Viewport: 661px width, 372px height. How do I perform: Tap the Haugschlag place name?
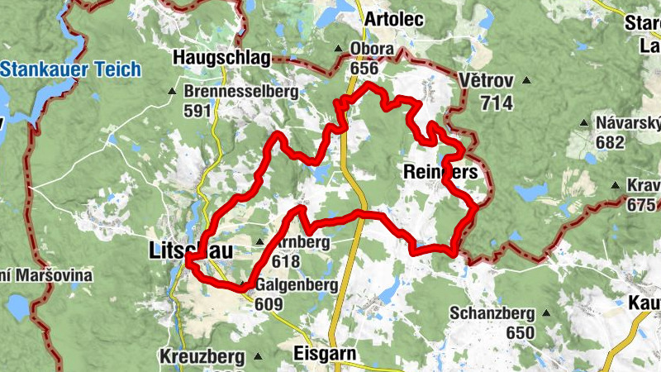[210, 58]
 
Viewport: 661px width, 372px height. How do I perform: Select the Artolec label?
[392, 18]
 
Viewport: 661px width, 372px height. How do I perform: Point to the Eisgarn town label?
[325, 354]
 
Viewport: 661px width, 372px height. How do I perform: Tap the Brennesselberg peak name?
[240, 93]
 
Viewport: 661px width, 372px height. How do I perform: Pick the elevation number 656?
[367, 68]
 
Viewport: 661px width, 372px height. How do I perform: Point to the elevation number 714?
[496, 103]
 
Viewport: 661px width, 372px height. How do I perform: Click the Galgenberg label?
[297, 285]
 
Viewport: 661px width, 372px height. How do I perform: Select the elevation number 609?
[270, 304]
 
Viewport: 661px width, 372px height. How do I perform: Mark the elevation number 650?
[521, 332]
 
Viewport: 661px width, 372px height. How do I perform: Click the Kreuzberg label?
[203, 357]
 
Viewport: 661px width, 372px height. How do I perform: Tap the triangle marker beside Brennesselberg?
[172, 92]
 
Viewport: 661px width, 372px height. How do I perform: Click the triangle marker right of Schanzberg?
[546, 313]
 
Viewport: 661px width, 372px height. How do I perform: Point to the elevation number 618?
[285, 261]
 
